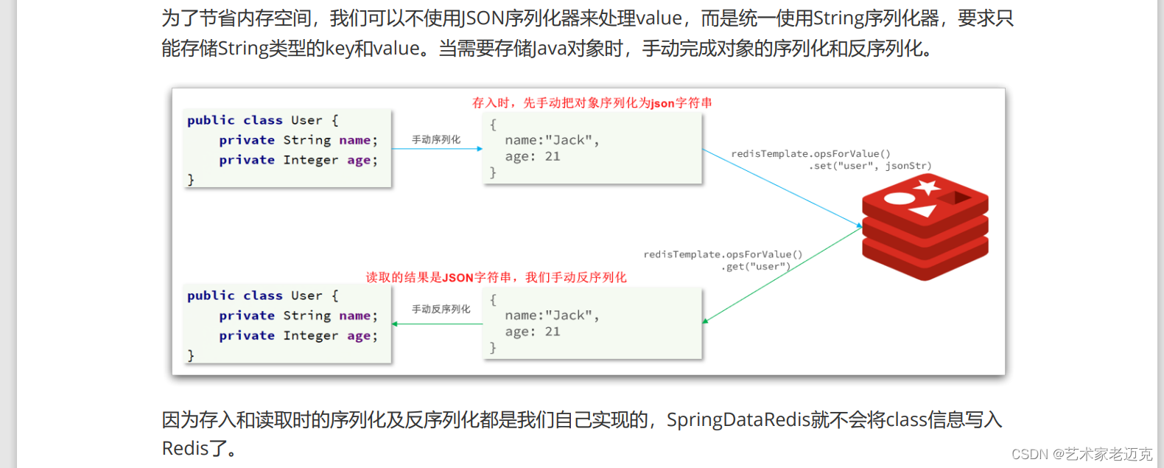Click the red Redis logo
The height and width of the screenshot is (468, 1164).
tap(925, 227)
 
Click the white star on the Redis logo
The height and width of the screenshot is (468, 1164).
tap(927, 186)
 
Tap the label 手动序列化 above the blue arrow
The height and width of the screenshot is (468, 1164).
tap(436, 139)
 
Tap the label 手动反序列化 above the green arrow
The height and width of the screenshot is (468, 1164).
tap(441, 309)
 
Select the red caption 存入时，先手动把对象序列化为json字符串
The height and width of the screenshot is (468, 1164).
tap(592, 103)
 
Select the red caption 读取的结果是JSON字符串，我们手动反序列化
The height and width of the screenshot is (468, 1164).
tap(496, 278)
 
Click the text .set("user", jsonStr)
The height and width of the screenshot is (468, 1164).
tap(870, 166)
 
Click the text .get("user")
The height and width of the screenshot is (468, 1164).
tap(755, 267)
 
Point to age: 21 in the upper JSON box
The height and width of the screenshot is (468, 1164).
tap(533, 156)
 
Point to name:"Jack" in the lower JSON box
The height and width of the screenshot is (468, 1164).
tap(552, 315)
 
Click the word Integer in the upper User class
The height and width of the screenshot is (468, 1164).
tap(310, 160)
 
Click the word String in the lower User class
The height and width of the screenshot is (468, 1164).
tap(306, 315)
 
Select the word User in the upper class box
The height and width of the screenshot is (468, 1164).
tap(306, 120)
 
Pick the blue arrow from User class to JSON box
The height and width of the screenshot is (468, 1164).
tap(436, 149)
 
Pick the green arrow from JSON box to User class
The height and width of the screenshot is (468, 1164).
tap(436, 324)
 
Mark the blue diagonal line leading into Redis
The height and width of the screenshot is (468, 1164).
tap(781, 187)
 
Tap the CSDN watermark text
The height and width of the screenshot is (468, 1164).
tap(1081, 454)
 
